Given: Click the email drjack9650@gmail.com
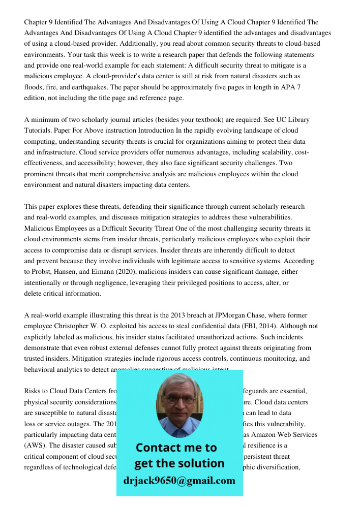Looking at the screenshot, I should (179, 481).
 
